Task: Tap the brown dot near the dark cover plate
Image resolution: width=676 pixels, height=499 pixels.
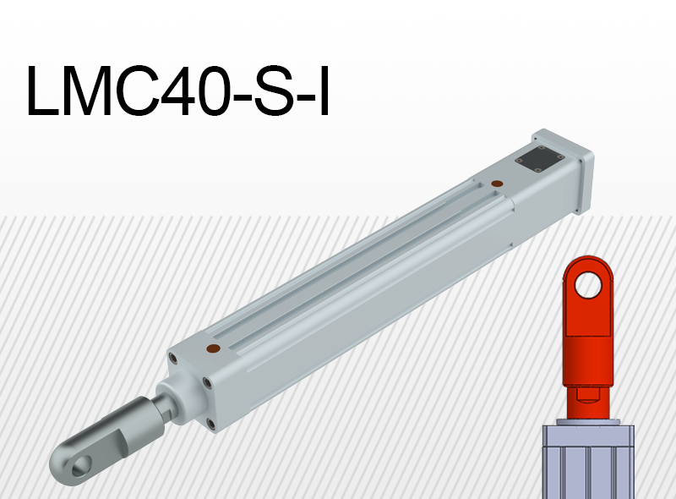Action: click(497, 183)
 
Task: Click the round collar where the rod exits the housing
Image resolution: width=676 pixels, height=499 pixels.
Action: click(183, 397)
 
